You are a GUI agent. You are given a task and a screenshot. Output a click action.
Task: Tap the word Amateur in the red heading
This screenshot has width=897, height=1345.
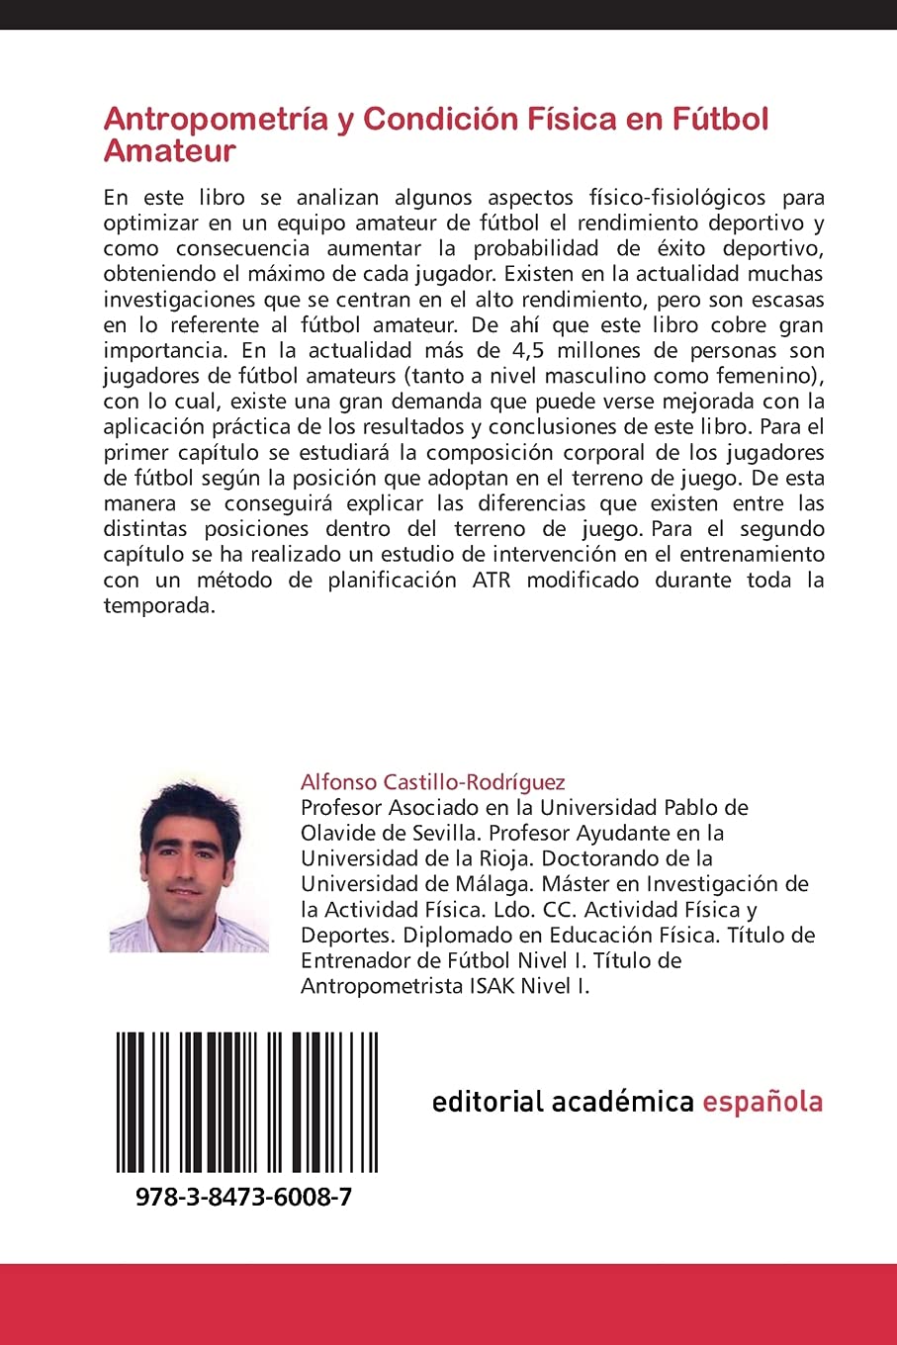pyautogui.click(x=169, y=151)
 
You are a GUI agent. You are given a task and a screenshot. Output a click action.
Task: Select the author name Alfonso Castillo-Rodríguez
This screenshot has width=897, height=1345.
pyautogui.click(x=432, y=782)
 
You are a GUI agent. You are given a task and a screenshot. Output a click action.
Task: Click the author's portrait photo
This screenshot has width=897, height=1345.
pyautogui.click(x=188, y=865)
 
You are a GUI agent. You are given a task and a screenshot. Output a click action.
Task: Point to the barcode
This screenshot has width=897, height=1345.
pyautogui.click(x=247, y=1102)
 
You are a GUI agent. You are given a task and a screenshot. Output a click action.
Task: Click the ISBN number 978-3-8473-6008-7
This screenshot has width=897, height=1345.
pyautogui.click(x=243, y=1197)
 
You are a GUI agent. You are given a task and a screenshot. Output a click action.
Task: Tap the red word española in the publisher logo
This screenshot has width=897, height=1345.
pyautogui.click(x=762, y=1102)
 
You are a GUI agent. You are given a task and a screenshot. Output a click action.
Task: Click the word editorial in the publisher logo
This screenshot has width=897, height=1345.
pyautogui.click(x=489, y=1102)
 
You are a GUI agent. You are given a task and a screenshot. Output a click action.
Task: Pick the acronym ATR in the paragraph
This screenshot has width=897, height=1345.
pyautogui.click(x=491, y=580)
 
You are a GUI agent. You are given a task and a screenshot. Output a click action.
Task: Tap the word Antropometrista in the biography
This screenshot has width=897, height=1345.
pyautogui.click(x=382, y=986)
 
